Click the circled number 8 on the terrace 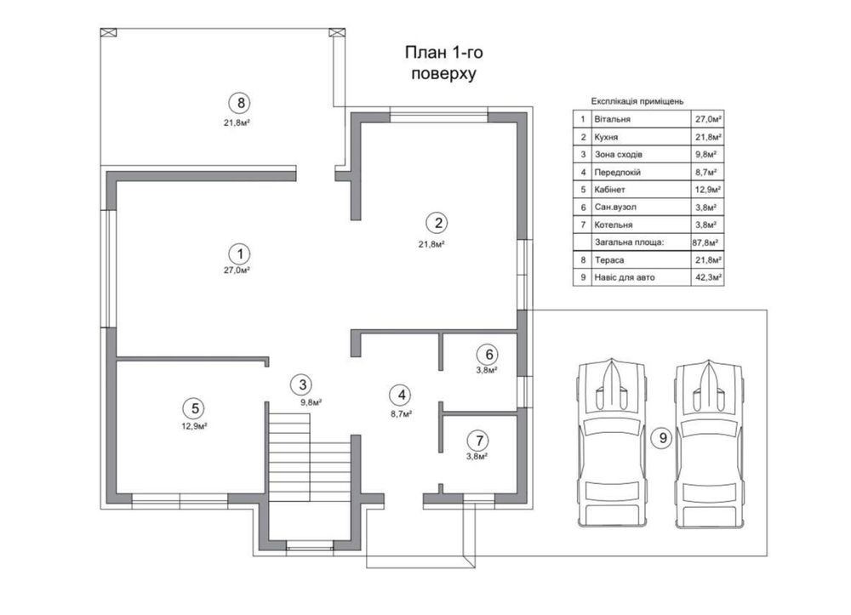[x=240, y=102]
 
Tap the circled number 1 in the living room [x=239, y=253]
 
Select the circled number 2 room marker [x=437, y=222]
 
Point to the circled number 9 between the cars [x=662, y=438]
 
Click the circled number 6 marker [x=488, y=354]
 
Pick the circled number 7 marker [x=478, y=440]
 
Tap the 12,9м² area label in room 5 [x=194, y=426]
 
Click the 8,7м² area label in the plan [x=401, y=413]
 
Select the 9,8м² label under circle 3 [x=311, y=402]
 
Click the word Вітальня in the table [x=612, y=119]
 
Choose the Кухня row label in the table [x=606, y=137]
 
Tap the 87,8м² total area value [x=705, y=242]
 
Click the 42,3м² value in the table [x=708, y=277]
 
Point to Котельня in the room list [x=614, y=225]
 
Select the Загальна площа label [x=630, y=242]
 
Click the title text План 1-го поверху [x=444, y=63]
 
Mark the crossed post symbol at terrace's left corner [x=108, y=32]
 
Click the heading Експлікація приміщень [x=637, y=101]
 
